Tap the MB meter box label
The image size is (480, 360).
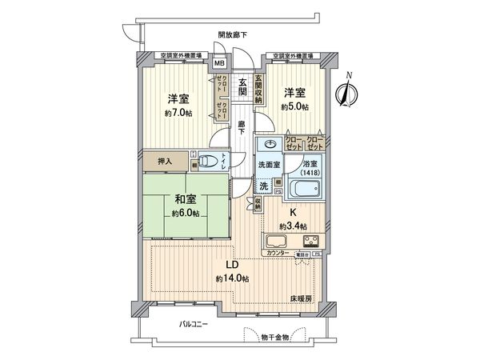click(x=218, y=67)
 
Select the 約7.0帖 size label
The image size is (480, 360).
click(x=178, y=114)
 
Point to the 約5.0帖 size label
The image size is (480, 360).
click(x=294, y=106)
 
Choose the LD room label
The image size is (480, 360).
click(x=231, y=264)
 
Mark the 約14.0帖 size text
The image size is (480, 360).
click(x=230, y=278)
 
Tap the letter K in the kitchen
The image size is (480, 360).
click(x=294, y=212)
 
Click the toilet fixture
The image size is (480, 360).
click(x=210, y=161)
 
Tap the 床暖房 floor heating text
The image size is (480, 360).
click(x=301, y=298)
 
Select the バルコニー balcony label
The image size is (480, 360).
click(x=193, y=324)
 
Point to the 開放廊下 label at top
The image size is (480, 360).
click(x=232, y=34)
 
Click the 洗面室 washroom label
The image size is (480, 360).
click(x=268, y=165)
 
